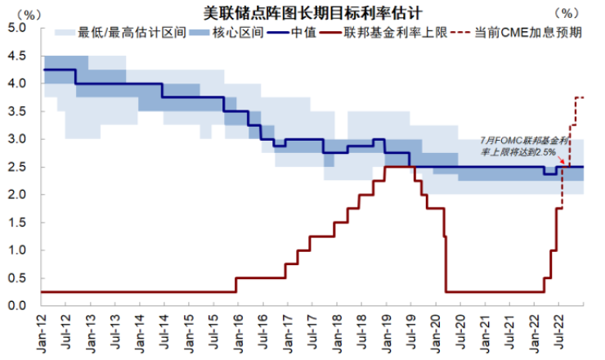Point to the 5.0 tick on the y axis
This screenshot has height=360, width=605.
click(19, 28)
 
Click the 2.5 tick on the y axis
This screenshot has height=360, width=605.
click(19, 167)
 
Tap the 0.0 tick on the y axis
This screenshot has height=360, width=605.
click(19, 306)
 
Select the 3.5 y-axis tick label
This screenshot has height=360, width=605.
click(19, 111)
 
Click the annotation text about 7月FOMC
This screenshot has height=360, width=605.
click(519, 145)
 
